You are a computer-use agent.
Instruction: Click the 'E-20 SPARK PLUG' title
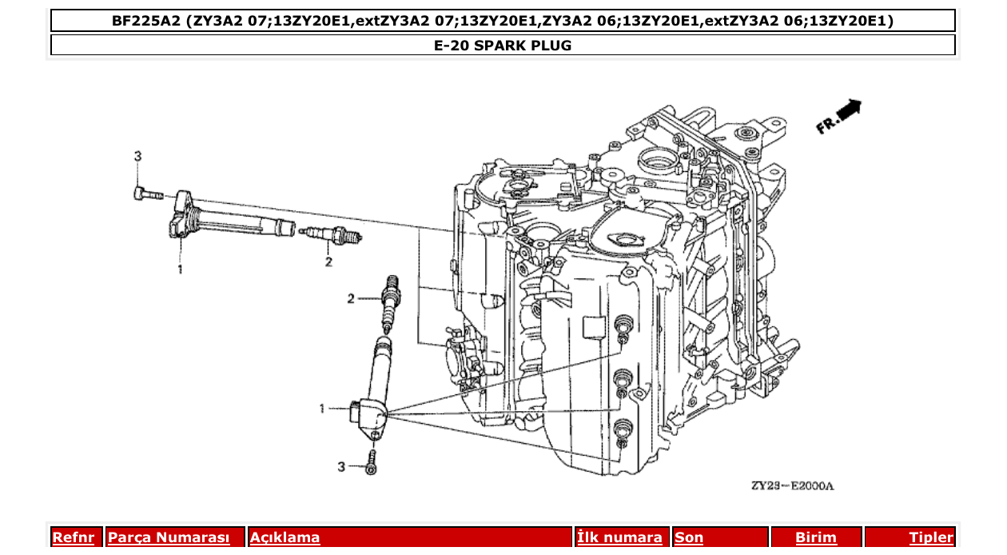[503, 46]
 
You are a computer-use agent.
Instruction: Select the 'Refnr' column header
[73, 537]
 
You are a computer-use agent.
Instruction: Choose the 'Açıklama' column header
[285, 537]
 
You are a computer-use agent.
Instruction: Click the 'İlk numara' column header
[619, 537]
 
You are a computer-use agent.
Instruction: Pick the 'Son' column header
[689, 537]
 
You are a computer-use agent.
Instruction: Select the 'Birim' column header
[815, 537]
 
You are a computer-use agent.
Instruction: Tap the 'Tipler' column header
[930, 537]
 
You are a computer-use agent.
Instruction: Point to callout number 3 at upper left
[137, 156]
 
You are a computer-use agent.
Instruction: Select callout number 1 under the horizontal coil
[180, 270]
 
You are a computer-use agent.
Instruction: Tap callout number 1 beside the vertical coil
[323, 409]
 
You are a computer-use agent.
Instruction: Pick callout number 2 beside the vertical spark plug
[350, 299]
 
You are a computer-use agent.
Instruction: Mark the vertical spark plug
[391, 304]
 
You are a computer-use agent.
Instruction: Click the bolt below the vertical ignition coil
[372, 463]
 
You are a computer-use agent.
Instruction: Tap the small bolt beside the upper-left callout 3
[145, 193]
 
